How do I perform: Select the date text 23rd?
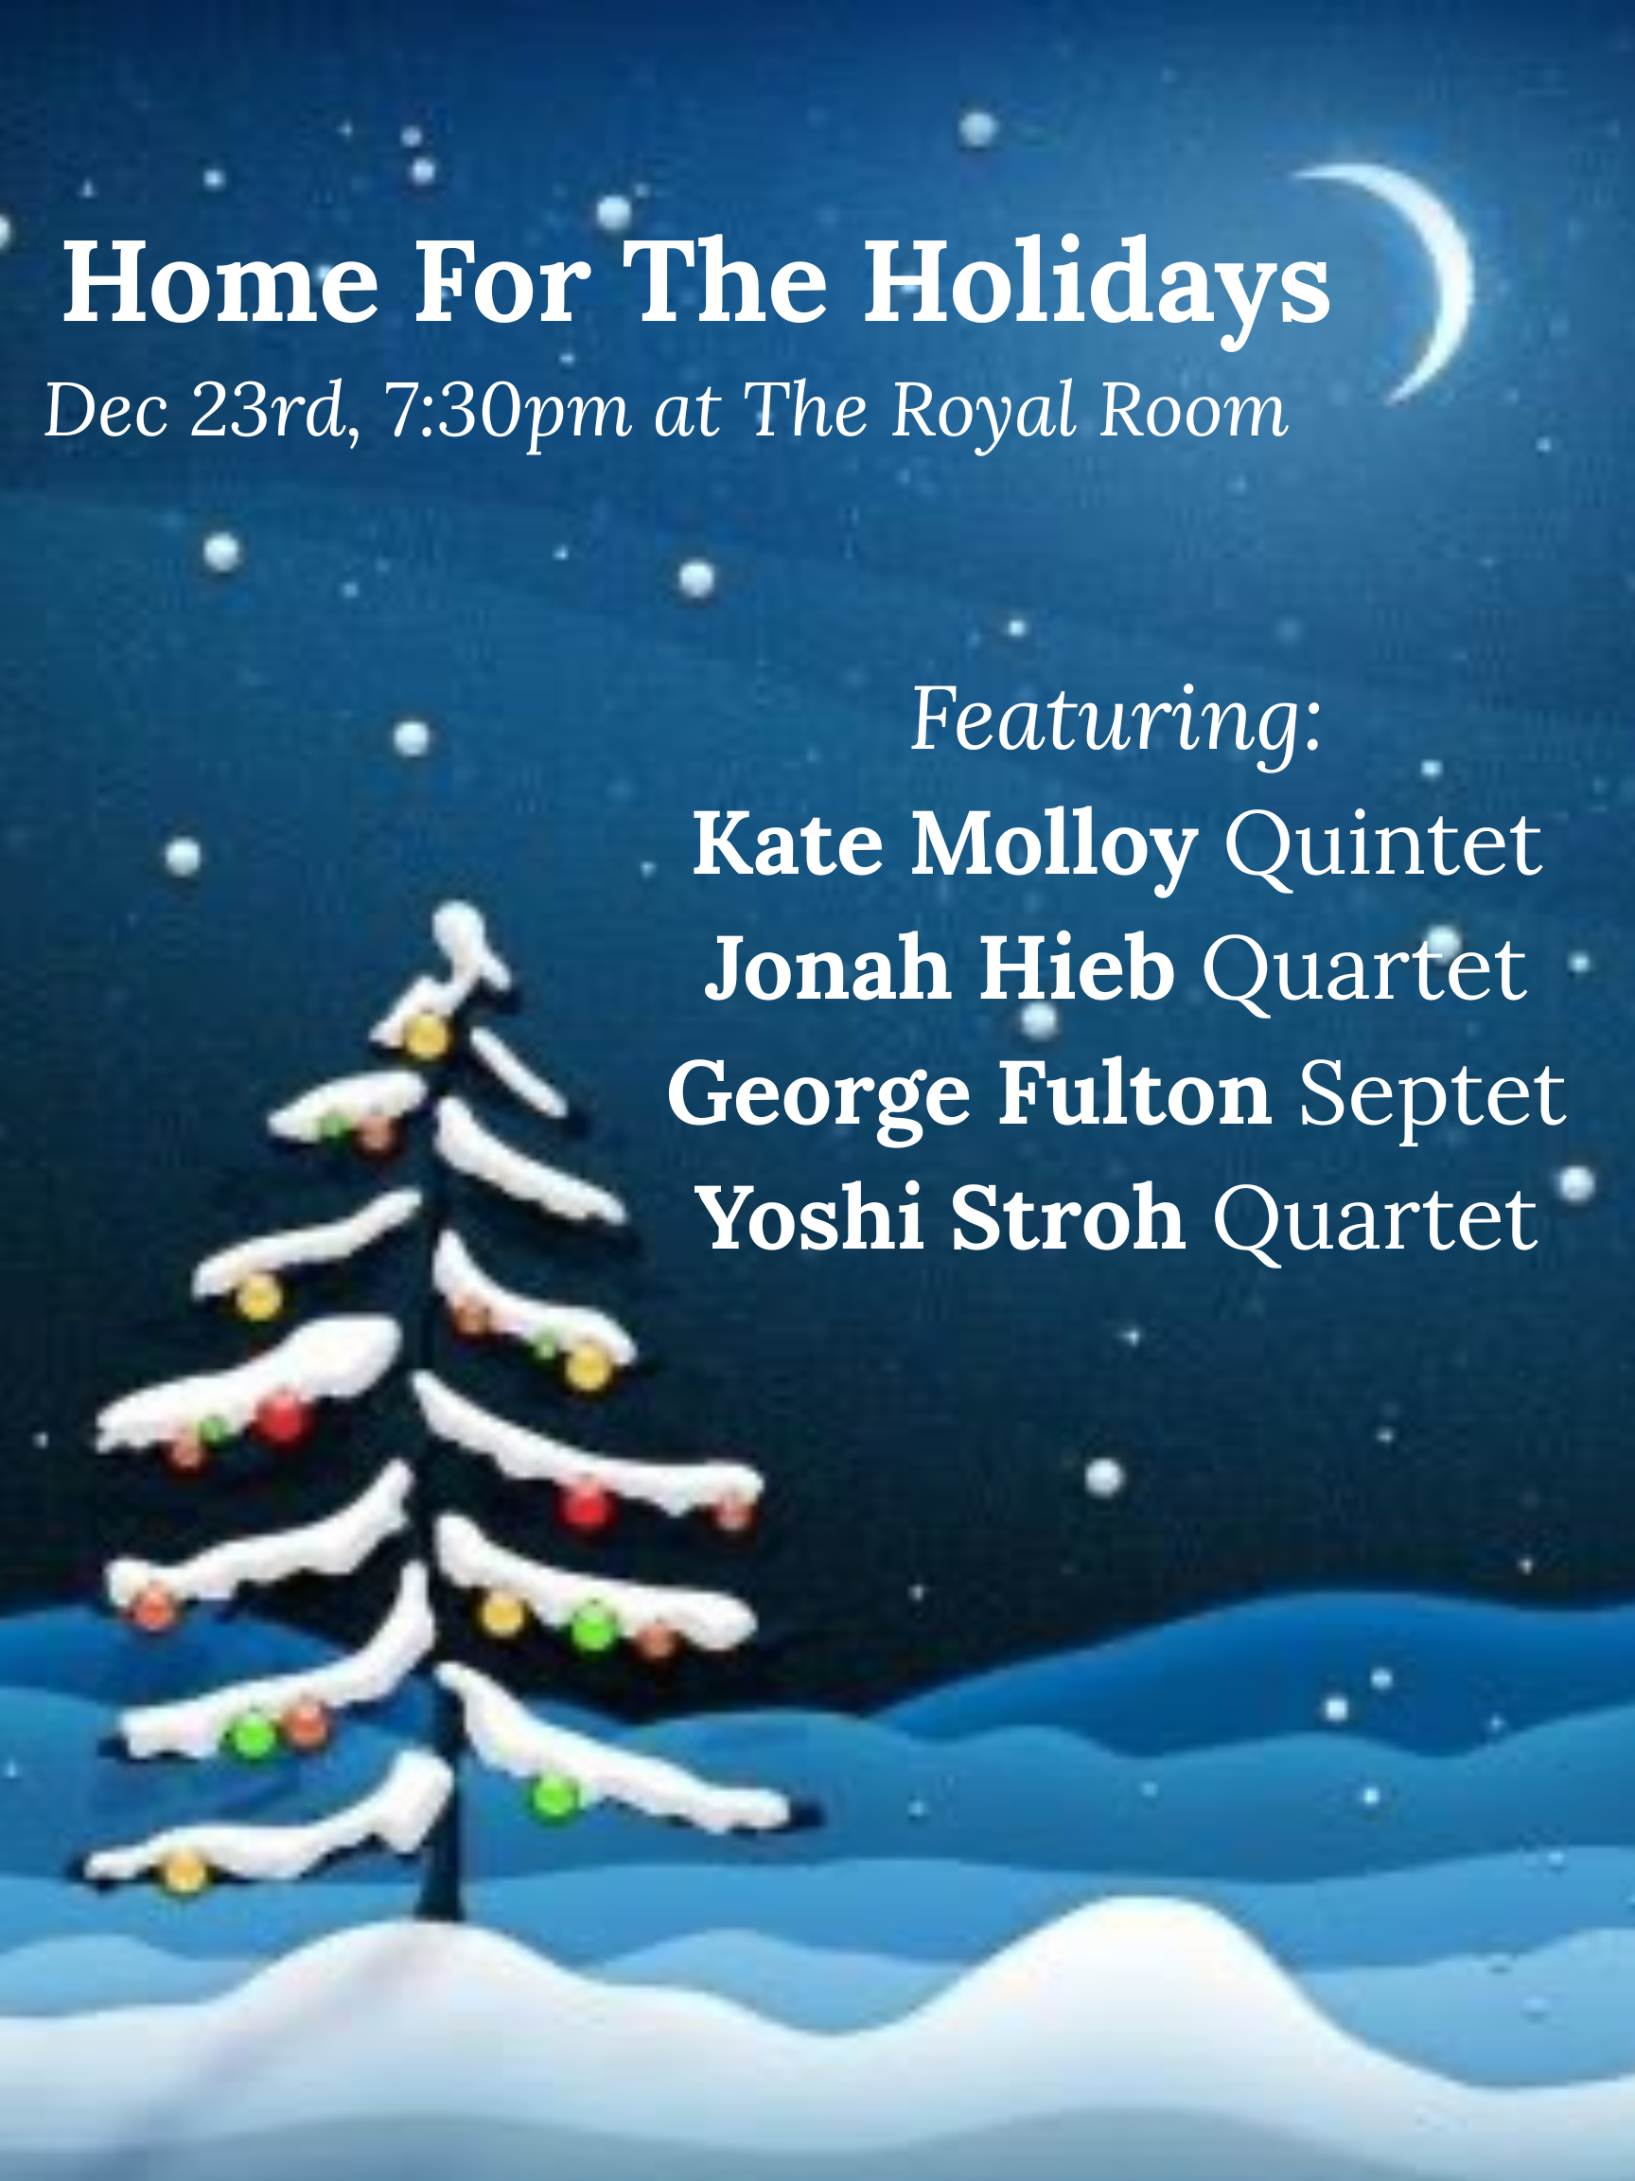[272, 408]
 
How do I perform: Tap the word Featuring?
[1115, 720]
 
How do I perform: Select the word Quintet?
[1381, 845]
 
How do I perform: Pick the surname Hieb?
[1076, 969]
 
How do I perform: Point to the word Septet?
[1431, 1093]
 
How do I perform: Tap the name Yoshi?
[809, 1218]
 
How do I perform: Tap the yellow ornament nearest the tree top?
[427, 1037]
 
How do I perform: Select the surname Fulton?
[1134, 1093]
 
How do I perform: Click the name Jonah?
[828, 969]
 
